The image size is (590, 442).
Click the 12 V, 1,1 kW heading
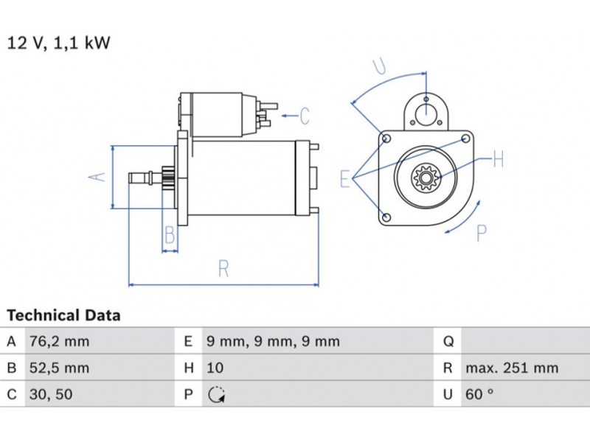pyautogui.click(x=59, y=43)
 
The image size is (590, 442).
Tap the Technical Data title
pyautogui.click(x=63, y=315)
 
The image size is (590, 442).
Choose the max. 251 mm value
pyautogui.click(x=511, y=368)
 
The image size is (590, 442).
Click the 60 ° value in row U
pyautogui.click(x=479, y=394)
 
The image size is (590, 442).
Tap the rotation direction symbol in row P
pyautogui.click(x=215, y=395)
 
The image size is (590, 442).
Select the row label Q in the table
pyautogui.click(x=448, y=342)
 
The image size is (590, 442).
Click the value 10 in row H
pyautogui.click(x=215, y=368)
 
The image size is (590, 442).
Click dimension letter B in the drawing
pyautogui.click(x=170, y=236)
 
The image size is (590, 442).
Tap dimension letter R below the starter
pyautogui.click(x=223, y=269)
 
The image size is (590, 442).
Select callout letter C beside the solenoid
pyautogui.click(x=304, y=116)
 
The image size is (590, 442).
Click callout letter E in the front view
pyautogui.click(x=344, y=178)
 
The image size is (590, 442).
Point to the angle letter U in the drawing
pyautogui.click(x=379, y=66)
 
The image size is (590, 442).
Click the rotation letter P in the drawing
pyautogui.click(x=482, y=234)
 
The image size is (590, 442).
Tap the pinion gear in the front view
pyautogui.click(x=425, y=177)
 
